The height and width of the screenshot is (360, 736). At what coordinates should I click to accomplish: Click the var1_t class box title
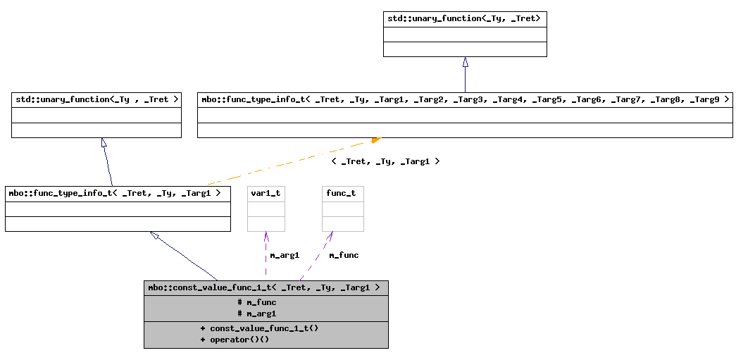266,193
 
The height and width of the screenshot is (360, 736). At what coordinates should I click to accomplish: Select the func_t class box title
342,193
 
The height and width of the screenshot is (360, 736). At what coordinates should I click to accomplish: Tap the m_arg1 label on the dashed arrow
285,255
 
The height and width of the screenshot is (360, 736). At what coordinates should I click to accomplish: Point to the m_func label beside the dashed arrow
344,255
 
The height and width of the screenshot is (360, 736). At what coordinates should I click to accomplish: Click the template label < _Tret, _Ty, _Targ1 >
385,161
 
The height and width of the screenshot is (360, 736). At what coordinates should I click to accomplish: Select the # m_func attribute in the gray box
257,302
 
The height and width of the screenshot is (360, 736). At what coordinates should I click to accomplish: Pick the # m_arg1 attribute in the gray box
257,314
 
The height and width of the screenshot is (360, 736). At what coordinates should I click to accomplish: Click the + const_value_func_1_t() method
259,328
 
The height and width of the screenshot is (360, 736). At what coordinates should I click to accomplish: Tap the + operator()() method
235,340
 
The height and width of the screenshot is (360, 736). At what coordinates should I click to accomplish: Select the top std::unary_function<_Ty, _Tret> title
464,18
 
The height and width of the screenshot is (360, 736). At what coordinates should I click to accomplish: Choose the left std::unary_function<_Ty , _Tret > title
96,99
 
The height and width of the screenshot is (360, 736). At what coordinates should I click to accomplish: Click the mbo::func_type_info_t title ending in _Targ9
465,99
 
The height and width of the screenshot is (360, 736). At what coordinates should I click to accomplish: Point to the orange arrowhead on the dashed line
376,140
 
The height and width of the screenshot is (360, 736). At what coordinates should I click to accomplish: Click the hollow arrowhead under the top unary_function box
465,63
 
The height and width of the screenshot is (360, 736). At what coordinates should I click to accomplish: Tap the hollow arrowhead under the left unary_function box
104,143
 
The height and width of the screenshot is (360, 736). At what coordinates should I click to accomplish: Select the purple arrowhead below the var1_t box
266,236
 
